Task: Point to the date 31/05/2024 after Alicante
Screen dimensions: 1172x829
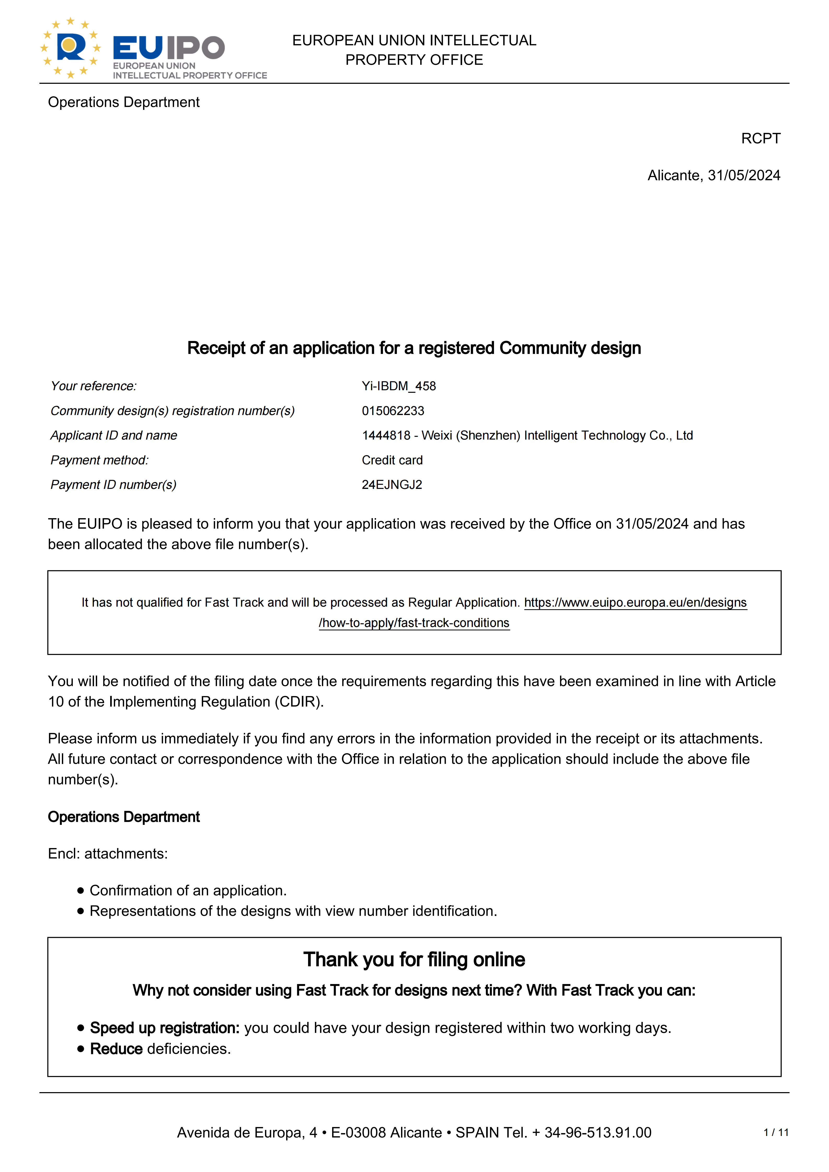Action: [744, 176]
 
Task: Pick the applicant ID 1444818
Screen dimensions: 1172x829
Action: [386, 435]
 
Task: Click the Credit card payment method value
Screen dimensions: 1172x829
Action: [392, 460]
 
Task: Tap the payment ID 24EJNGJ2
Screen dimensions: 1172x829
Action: [392, 485]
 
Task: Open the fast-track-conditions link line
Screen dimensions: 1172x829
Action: [414, 623]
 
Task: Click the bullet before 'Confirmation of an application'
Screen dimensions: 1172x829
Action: [80, 891]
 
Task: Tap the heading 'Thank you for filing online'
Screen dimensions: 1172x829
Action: [414, 960]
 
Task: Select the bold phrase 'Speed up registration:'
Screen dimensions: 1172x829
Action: [164, 1028]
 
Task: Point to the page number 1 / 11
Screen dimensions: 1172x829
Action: [775, 1133]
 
